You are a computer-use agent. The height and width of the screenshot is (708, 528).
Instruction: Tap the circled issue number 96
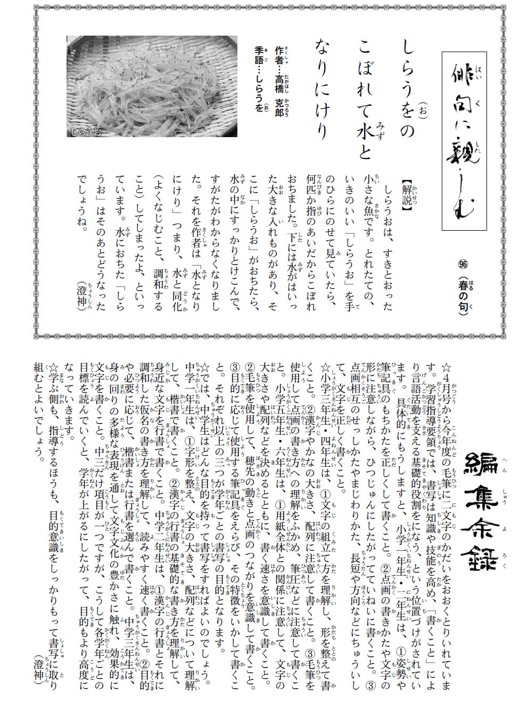[462, 264]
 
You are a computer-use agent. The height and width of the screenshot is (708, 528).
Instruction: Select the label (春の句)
[462, 296]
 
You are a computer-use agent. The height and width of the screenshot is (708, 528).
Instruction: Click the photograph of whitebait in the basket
[152, 86]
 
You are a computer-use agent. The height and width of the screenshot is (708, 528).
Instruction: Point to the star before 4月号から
[446, 367]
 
